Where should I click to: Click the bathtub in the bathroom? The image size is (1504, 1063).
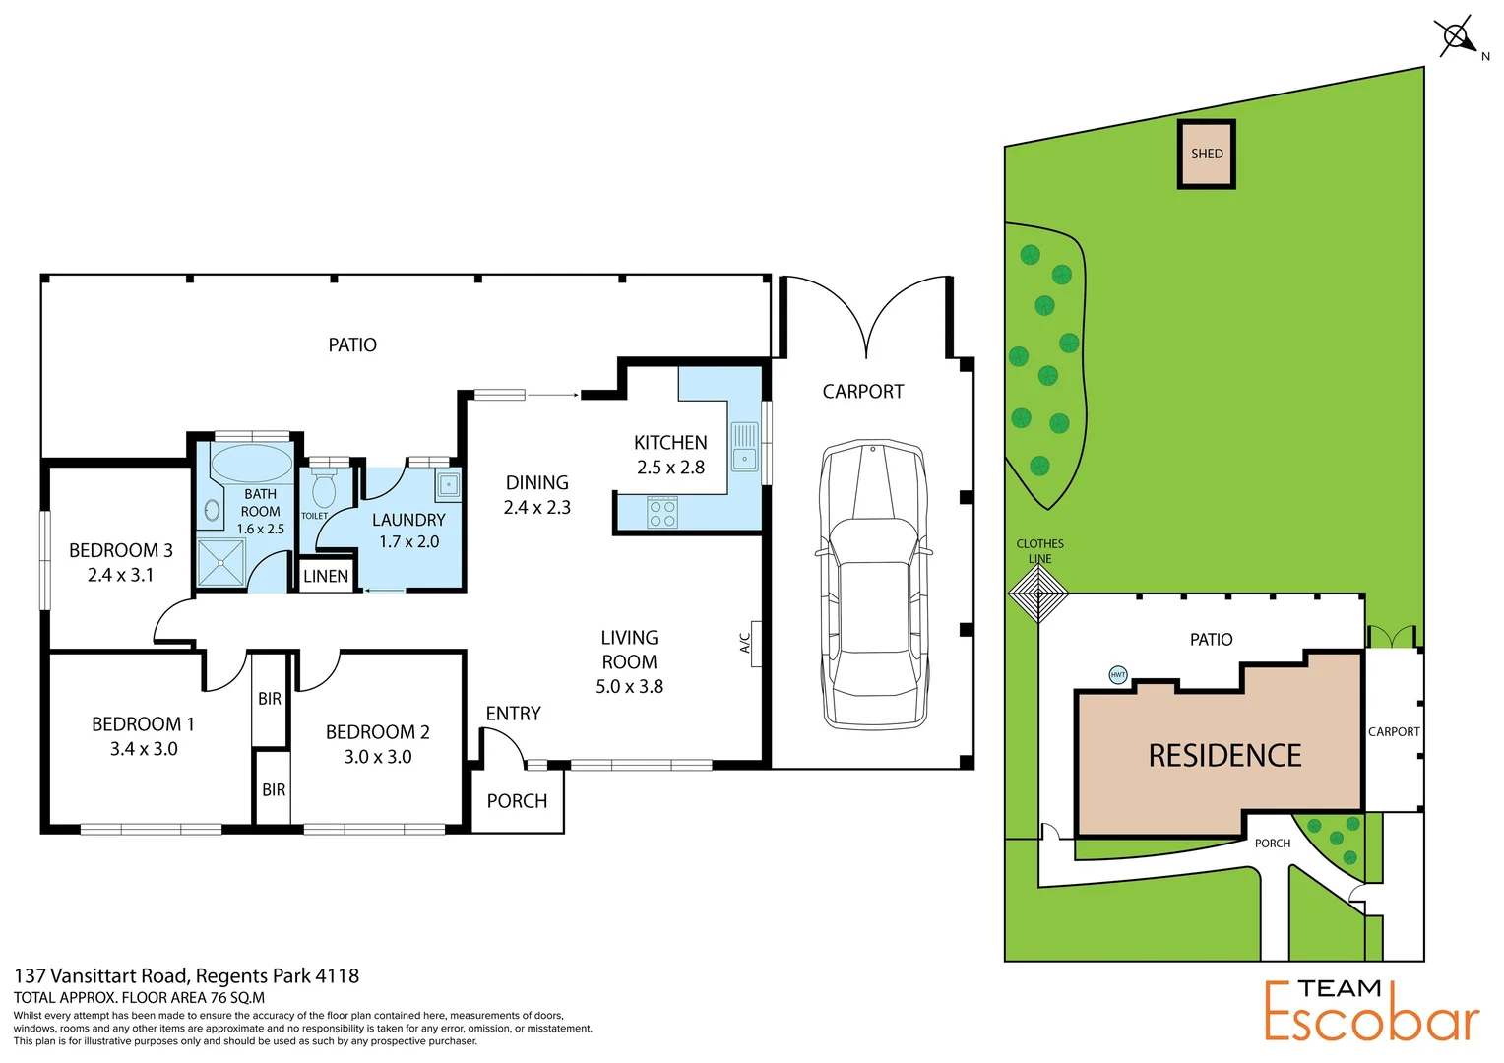point(251,463)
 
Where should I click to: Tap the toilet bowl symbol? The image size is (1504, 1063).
point(324,488)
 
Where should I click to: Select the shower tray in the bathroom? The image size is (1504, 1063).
point(223,563)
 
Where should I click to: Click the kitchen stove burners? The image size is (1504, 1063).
point(662,513)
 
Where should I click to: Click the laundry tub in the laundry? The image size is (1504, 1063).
point(448,485)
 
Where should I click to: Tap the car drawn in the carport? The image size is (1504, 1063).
point(874,585)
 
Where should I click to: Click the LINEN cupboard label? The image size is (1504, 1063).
point(326,577)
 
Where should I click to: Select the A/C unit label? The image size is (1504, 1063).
point(745,643)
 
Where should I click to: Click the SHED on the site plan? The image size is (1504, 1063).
point(1207,154)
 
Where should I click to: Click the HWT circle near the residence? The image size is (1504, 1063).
point(1118,675)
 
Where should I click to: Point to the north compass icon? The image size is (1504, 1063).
point(1457,38)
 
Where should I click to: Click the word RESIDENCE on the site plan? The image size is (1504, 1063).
point(1224,756)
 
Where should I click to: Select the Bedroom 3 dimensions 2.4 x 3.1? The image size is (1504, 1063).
point(121,575)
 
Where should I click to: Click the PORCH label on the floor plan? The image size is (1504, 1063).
point(517,801)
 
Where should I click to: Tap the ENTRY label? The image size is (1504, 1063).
point(513,714)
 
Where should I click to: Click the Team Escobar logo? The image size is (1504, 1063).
point(1371,1010)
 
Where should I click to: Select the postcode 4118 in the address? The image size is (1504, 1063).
point(337,976)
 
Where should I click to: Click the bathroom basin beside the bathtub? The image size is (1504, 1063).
point(213,510)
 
